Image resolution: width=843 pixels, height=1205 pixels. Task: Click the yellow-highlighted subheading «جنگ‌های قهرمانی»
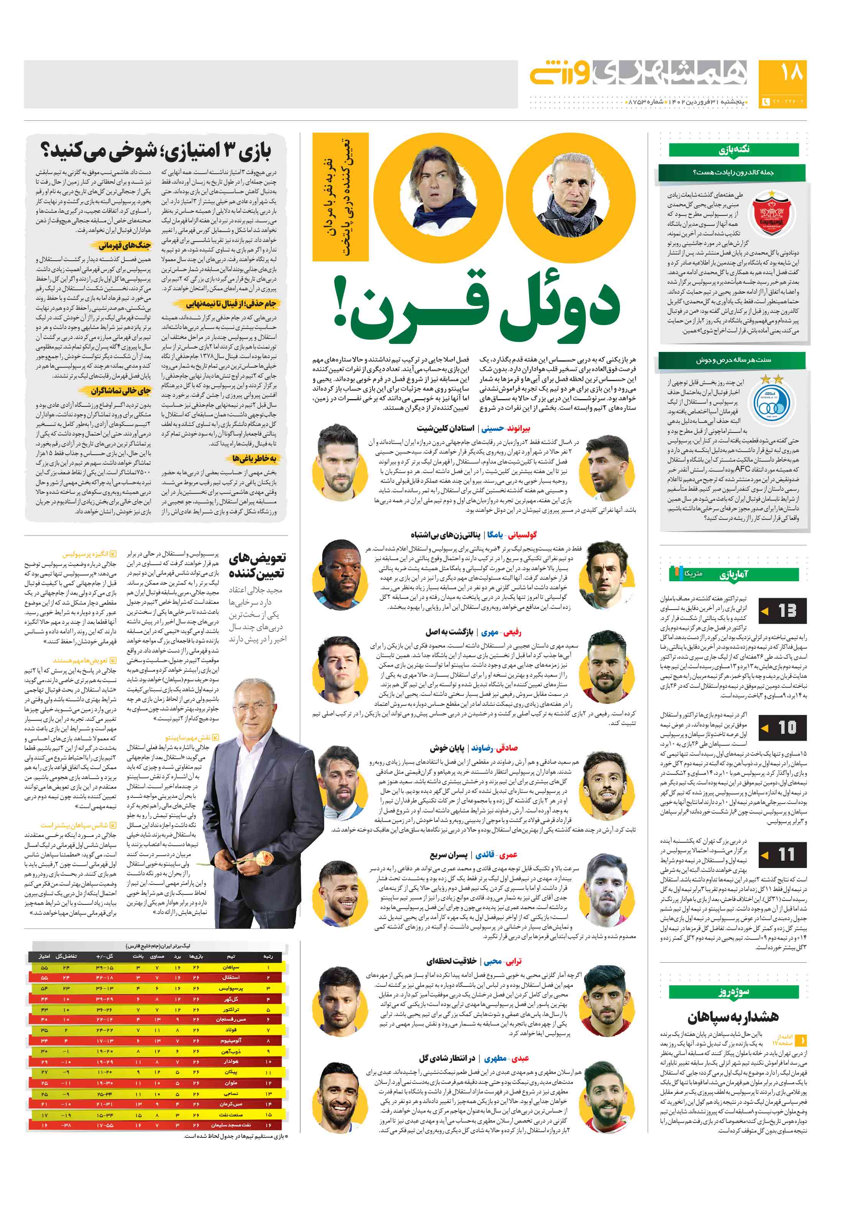[x=124, y=245]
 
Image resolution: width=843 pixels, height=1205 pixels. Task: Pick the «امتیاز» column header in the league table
[x=44, y=956]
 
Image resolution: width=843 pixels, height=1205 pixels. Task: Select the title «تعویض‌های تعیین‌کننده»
[x=257, y=564]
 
